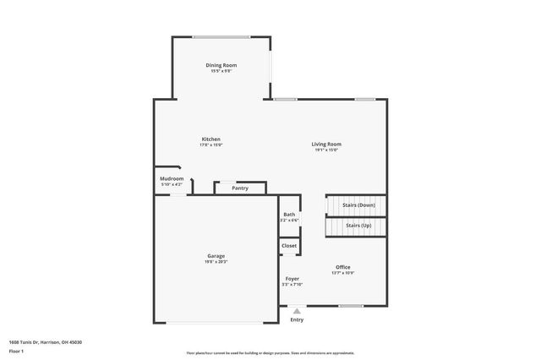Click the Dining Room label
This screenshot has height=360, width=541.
coord(221,65)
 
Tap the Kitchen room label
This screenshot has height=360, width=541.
coord(210,139)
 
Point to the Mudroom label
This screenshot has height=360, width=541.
coord(172,178)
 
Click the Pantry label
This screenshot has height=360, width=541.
coord(240,188)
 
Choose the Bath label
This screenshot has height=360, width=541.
coord(289,215)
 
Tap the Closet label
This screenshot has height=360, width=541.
coord(289,245)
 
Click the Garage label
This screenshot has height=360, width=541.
coord(216,255)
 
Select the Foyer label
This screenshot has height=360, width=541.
coord(292,278)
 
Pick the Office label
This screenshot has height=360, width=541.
coord(342,267)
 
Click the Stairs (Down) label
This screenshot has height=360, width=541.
coord(358,205)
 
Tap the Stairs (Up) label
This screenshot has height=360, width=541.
coord(358,226)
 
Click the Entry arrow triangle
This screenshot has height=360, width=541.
coord(297,312)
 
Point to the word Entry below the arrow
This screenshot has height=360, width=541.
coord(297,320)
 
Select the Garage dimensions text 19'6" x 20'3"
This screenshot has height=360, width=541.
coord(216,262)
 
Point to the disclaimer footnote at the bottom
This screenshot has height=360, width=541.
coord(270,353)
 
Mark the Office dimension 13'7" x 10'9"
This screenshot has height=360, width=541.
coord(342,273)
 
